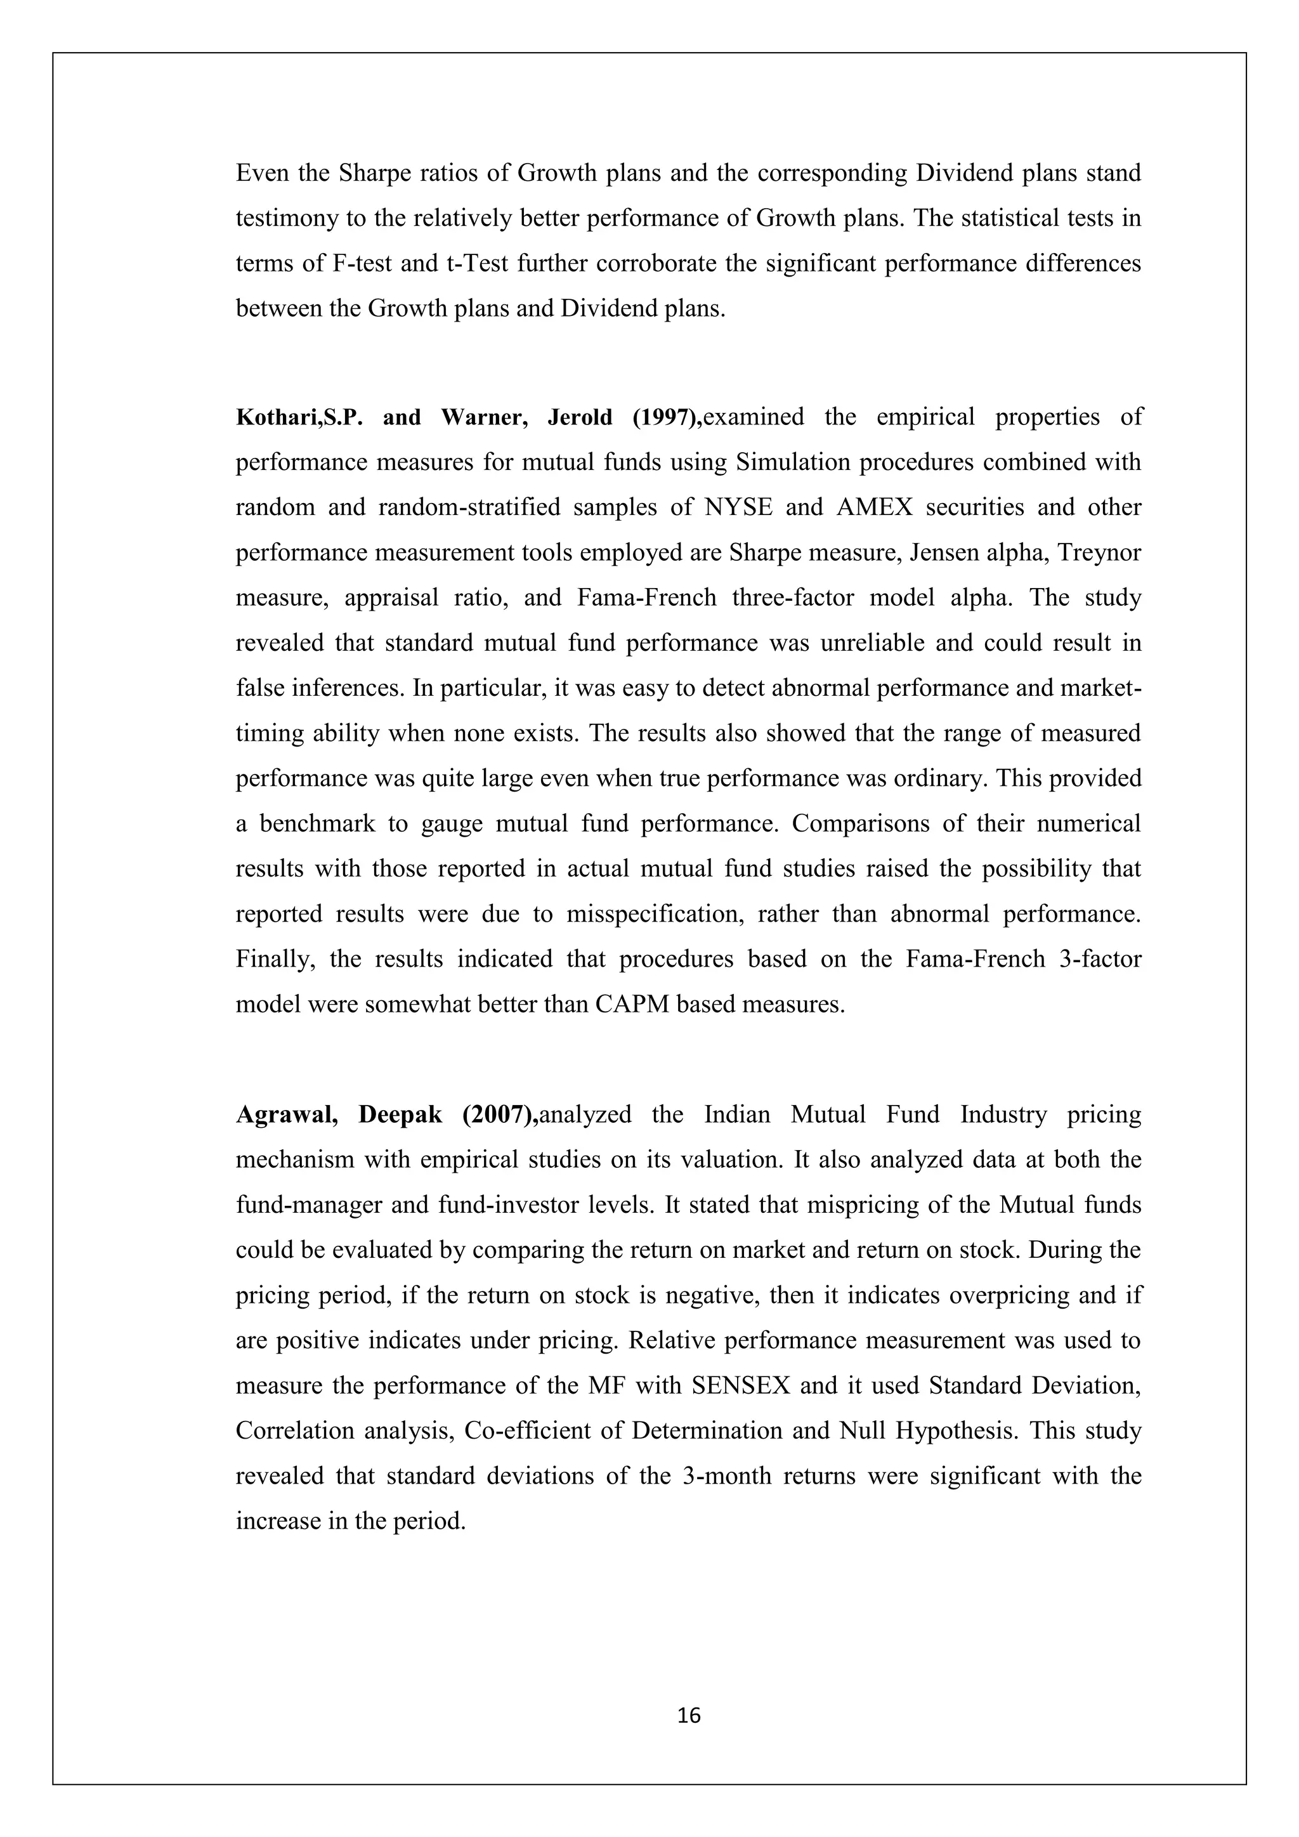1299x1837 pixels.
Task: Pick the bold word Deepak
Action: (400, 1115)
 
